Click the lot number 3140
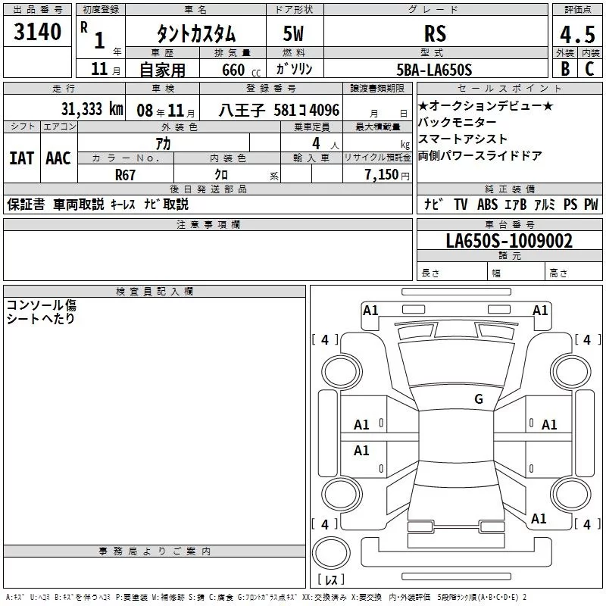coord(37,32)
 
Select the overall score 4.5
coord(577,34)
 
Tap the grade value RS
coord(435,33)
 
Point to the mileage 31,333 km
coord(92,109)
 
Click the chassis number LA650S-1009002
coord(509,241)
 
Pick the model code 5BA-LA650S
coord(434,70)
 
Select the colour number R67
coord(125,175)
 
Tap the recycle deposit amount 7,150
coord(381,175)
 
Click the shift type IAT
coord(22,158)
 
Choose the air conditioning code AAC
coord(58,158)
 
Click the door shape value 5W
coord(293,33)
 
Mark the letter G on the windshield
coord(479,398)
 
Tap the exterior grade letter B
coord(565,69)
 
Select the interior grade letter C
coord(590,69)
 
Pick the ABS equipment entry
coord(487,205)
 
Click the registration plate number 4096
coord(325,111)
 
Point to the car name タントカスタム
coord(196,34)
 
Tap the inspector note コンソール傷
coord(42,305)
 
